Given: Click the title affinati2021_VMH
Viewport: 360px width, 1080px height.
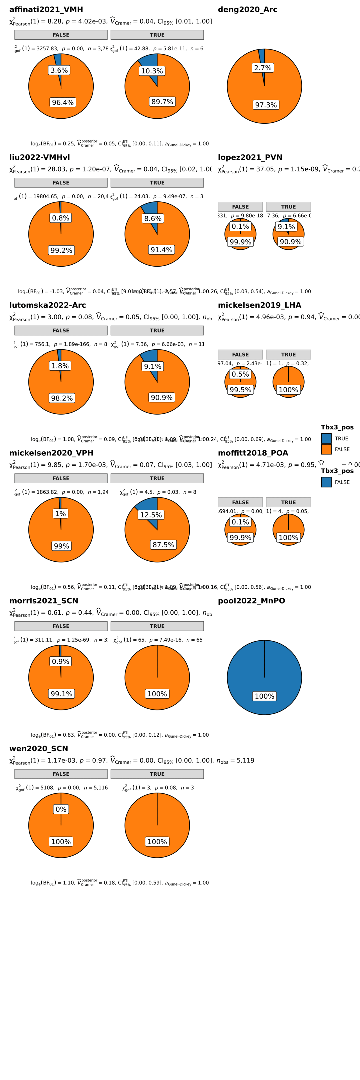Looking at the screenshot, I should [46, 10].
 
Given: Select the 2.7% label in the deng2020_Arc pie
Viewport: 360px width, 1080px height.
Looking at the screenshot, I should [263, 68].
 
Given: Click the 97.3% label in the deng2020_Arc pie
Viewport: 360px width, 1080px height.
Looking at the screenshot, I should [266, 105].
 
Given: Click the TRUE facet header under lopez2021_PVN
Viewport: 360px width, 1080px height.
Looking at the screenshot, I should [288, 207].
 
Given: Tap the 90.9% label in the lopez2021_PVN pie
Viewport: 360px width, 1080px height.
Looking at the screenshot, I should [291, 242].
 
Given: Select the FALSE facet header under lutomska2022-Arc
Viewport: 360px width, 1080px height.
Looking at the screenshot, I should [61, 330].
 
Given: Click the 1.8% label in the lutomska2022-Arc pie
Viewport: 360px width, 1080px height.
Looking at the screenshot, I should [60, 366].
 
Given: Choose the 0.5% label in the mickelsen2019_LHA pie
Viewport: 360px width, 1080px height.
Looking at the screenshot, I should [240, 374].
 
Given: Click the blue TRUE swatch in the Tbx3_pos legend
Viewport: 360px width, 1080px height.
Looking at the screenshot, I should [326, 438].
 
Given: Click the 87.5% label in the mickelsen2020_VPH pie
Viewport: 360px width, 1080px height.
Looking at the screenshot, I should [163, 544].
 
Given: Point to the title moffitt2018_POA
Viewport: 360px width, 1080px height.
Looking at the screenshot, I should [253, 453].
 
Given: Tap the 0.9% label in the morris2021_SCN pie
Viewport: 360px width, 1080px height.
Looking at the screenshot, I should [60, 661].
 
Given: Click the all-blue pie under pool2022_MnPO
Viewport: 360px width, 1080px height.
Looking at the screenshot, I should [264, 667].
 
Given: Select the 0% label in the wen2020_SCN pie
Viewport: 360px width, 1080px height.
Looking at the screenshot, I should [61, 809].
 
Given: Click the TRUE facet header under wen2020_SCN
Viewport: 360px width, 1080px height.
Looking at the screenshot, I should [157, 774].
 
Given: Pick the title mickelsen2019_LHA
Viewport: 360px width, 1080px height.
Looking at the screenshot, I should [259, 305].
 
